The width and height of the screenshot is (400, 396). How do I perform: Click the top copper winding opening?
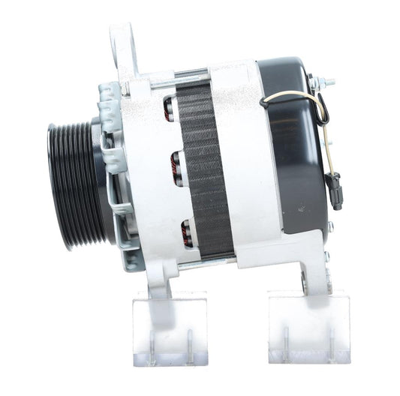coord(170,109)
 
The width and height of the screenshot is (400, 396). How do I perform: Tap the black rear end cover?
coord(300,142)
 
